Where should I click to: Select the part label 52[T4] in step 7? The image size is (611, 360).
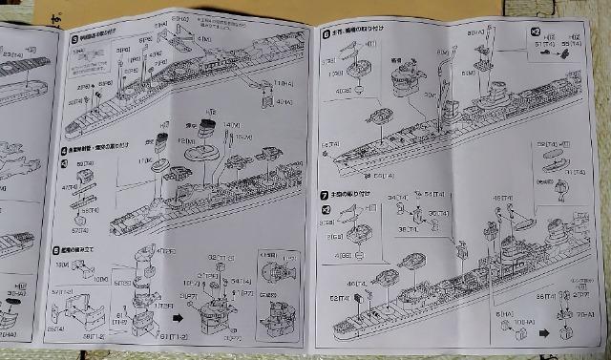(339, 300)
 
